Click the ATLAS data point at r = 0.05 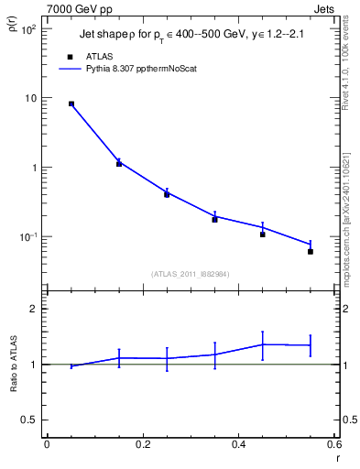coord(71,104)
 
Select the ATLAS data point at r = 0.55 coord(311,251)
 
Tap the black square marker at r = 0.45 coord(263,234)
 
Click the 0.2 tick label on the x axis coord(143,444)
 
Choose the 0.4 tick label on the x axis coord(239,444)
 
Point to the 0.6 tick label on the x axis coord(334,444)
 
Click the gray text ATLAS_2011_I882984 coord(191,274)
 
